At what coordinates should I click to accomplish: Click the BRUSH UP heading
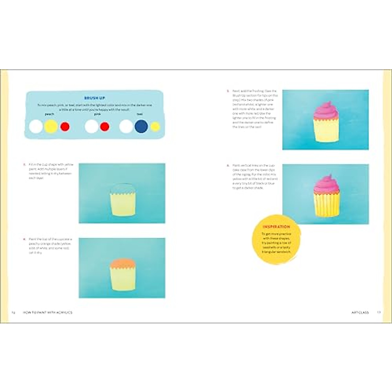pyautogui.click(x=94, y=98)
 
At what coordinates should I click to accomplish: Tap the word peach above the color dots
pyautogui.click(x=49, y=114)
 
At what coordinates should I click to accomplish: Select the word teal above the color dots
pyautogui.click(x=140, y=114)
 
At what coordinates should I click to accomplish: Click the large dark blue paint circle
pyautogui.click(x=141, y=126)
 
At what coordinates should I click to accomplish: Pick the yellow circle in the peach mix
pyautogui.click(x=51, y=126)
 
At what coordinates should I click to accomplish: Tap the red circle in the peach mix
pyautogui.click(x=65, y=127)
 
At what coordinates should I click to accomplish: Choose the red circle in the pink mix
pyautogui.click(x=105, y=127)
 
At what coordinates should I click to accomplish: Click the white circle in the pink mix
pyautogui.click(x=91, y=126)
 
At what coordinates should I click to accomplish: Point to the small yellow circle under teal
pyautogui.click(x=155, y=127)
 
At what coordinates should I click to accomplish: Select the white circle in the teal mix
pyautogui.click(x=126, y=126)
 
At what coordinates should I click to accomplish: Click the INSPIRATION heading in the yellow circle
pyautogui.click(x=276, y=227)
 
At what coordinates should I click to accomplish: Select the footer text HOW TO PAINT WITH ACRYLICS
pyautogui.click(x=48, y=313)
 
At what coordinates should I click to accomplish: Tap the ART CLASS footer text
pyautogui.click(x=360, y=313)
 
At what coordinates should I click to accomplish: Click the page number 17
pyautogui.click(x=379, y=313)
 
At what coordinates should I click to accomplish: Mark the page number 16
pyautogui.click(x=13, y=313)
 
